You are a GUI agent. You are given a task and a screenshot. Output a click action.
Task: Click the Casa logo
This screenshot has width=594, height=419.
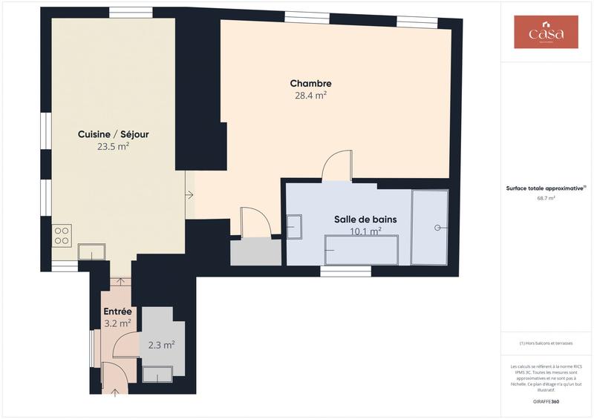pos(546,33)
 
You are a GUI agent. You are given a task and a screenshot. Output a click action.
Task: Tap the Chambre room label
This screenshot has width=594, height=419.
pos(310,84)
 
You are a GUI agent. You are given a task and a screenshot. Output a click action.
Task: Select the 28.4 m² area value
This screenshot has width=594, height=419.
pos(310,95)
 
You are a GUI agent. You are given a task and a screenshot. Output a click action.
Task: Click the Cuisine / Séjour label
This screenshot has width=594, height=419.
pos(113,134)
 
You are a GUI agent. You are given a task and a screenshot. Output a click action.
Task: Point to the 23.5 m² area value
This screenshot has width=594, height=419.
pos(113,146)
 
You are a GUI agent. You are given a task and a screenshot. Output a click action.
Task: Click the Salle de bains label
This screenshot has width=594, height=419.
pos(365,220)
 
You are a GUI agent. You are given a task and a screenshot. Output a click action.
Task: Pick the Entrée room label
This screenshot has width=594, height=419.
pos(117,311)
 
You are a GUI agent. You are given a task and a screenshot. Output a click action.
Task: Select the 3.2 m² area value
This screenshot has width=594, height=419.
pos(117,323)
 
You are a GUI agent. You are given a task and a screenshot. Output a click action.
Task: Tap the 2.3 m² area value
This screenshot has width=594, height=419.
pos(161,345)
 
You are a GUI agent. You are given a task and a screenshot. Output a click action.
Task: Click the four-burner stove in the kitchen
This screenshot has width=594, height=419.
pos(62,237)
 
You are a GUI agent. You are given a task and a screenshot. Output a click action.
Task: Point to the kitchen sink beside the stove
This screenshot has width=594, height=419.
pos(91,252)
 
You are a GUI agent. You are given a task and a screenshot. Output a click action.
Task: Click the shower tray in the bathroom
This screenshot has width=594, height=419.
pos(430,227)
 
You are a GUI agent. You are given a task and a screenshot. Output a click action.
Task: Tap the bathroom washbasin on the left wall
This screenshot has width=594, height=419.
pos(294,225)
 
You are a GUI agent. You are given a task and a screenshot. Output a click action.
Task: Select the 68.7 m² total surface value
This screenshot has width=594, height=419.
pos(546,199)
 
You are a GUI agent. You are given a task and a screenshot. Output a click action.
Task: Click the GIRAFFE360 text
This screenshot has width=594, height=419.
pos(546,401)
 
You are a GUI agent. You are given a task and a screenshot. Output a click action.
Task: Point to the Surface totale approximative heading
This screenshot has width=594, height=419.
pos(546,188)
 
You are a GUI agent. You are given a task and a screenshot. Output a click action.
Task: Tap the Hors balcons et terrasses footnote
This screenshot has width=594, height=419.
pos(546,344)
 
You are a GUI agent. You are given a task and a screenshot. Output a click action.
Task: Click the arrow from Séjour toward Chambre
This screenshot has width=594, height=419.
pos(189,195)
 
